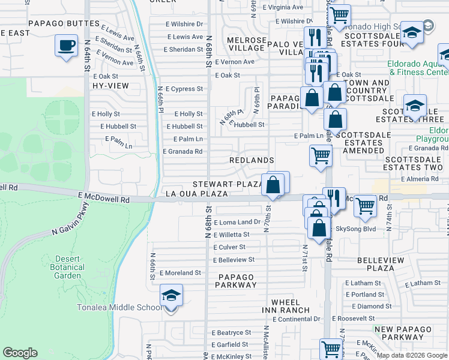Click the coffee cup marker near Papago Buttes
[x=66, y=45]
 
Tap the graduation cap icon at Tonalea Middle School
[x=171, y=295]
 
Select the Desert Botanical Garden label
[x=58, y=267]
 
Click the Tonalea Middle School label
[x=119, y=308]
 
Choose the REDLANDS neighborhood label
[x=252, y=160]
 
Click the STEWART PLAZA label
[x=228, y=184]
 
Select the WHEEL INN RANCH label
[x=285, y=306]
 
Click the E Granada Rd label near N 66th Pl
[x=182, y=152]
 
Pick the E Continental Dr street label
[x=297, y=319]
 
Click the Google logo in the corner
[x=20, y=353]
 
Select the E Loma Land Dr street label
[x=237, y=222]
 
